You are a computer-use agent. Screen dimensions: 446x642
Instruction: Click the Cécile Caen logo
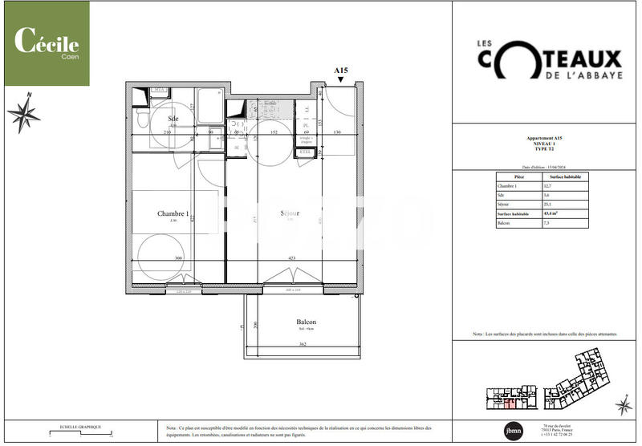click(x=46, y=43)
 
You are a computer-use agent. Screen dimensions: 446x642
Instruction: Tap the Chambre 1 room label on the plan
click(x=173, y=214)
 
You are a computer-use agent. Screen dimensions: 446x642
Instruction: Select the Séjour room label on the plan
click(x=290, y=214)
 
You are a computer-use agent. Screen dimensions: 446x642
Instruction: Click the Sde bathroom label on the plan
click(x=173, y=119)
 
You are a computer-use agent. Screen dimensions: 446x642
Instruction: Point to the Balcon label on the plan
click(x=305, y=322)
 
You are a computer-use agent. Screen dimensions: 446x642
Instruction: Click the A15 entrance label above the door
click(x=341, y=71)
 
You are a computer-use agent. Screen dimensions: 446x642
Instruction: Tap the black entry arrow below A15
click(x=341, y=79)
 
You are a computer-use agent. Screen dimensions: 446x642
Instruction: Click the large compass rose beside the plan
click(x=23, y=115)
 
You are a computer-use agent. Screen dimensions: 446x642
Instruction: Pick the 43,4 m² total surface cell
click(x=552, y=214)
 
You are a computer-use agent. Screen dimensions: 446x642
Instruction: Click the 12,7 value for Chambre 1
click(x=549, y=186)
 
